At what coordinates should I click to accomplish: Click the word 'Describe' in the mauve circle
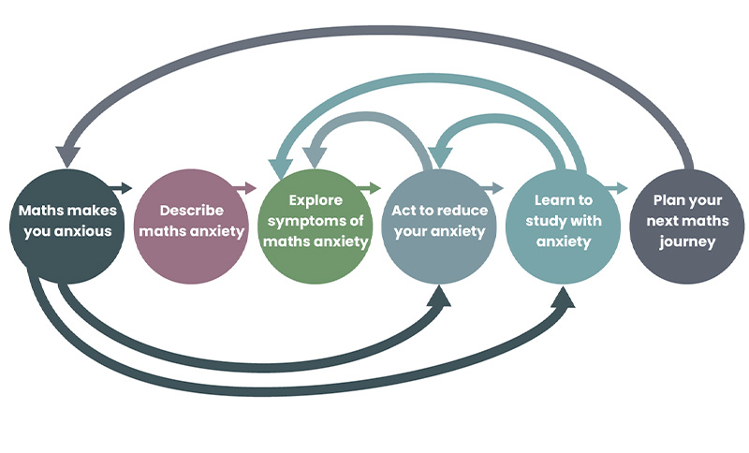[x=191, y=211]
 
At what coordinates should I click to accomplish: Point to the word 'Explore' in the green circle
[x=316, y=199]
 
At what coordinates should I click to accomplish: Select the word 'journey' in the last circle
[x=686, y=242]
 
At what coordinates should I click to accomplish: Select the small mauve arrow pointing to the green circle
[x=245, y=188]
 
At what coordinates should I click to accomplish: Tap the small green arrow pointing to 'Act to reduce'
[x=370, y=188]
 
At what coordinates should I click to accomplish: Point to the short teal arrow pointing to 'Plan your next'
[x=616, y=188]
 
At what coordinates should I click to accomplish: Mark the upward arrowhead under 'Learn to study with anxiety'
[x=565, y=298]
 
